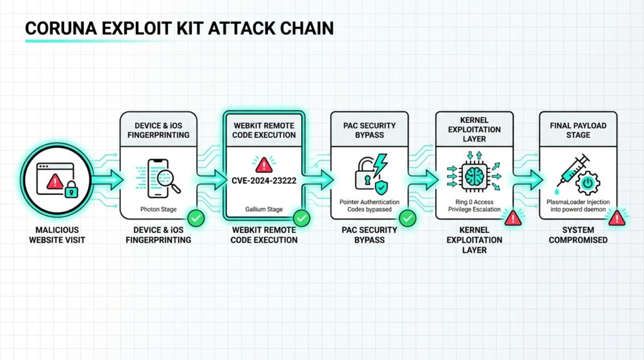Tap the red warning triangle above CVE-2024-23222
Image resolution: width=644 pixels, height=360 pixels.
[263, 164]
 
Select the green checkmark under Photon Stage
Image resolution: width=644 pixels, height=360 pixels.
[196, 218]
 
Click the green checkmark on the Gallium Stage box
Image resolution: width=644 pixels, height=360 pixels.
[302, 218]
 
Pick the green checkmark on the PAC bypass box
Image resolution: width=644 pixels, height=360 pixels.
[408, 218]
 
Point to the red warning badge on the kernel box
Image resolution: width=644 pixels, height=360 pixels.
[513, 218]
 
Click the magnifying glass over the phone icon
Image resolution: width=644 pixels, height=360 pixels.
[169, 181]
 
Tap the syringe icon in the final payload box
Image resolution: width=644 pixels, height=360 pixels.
[570, 170]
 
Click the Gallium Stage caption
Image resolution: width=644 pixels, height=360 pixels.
[263, 209]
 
